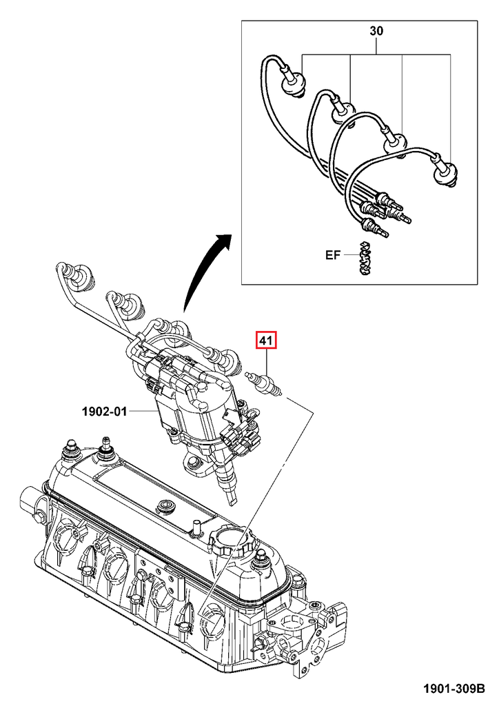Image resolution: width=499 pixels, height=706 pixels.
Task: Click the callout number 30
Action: [376, 31]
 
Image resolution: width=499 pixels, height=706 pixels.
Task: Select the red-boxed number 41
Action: [266, 341]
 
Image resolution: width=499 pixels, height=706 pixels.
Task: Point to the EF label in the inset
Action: [333, 255]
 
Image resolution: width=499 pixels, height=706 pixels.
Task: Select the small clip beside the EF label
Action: [365, 259]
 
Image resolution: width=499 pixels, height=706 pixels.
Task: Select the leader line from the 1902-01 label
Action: [141, 412]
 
